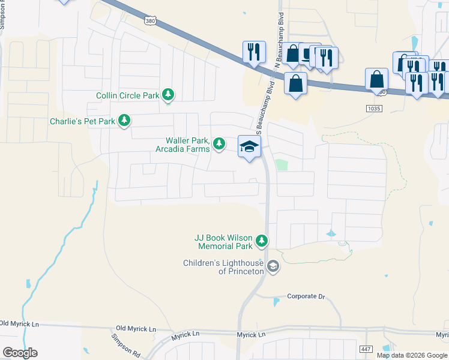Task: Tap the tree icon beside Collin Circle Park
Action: [170, 95]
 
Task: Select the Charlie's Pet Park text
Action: [83, 122]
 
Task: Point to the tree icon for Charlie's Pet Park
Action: [124, 121]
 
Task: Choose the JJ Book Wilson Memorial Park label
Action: [223, 242]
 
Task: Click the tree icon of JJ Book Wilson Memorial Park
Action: [262, 241]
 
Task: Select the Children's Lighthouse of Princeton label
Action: [224, 267]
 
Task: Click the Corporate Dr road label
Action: [306, 296]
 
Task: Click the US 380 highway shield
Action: [151, 20]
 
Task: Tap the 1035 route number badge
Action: [373, 107]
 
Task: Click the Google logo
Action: [20, 353]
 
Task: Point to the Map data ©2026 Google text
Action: [412, 355]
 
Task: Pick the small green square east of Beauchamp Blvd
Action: [281, 165]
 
